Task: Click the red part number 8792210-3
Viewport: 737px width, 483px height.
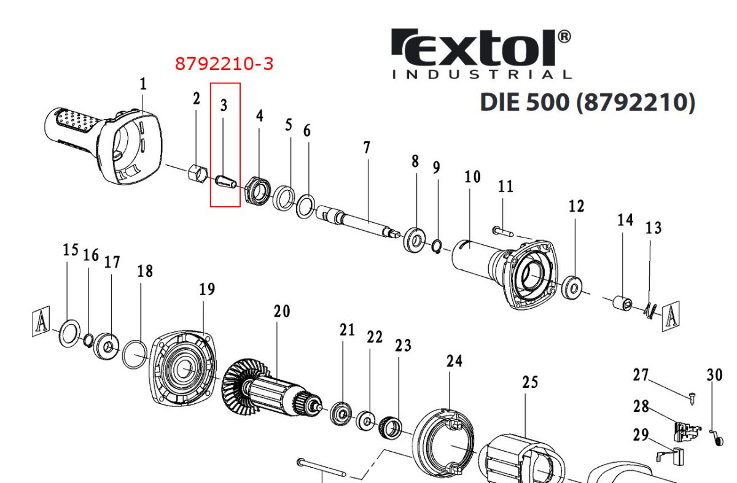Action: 224,64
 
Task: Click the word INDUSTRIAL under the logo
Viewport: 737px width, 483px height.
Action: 482,75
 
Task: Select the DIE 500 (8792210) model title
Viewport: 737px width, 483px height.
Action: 587,102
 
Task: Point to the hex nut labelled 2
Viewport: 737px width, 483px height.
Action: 197,174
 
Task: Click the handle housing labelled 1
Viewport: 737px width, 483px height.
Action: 104,144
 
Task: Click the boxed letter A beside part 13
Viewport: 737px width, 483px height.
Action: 670,316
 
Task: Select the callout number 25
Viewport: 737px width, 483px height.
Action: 529,382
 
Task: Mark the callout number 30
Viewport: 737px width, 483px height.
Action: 715,375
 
